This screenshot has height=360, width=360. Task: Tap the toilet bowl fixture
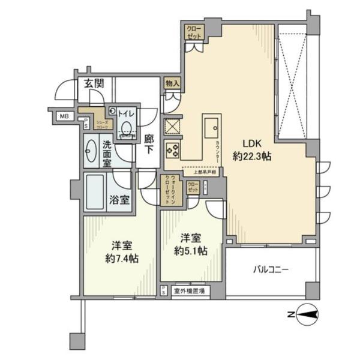coord(127,126)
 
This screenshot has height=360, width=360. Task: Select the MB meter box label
coord(63,117)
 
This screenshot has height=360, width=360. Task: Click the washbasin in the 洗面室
coord(92,151)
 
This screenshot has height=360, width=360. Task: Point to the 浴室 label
coord(120,200)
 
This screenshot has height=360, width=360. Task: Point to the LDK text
coord(251,144)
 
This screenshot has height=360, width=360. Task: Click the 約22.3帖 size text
coord(253,157)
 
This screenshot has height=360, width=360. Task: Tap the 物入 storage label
coord(172,84)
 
